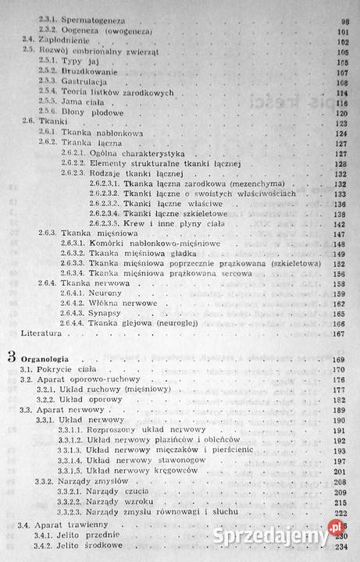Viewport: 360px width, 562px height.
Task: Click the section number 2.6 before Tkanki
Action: [x=29, y=123]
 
